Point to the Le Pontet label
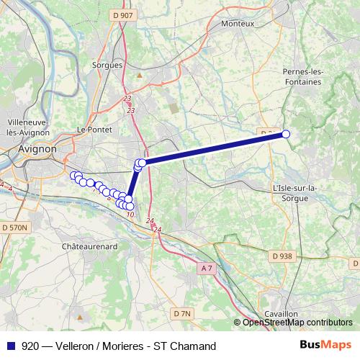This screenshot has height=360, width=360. coord(91,130)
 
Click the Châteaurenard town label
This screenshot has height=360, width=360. coord(89,246)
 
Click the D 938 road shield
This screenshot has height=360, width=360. coord(282,256)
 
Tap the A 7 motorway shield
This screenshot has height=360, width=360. coord(207,269)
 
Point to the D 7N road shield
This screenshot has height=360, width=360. coord(182,313)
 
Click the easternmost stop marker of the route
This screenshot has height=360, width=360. coord(286,134)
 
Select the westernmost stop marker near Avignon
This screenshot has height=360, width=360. coord(73,175)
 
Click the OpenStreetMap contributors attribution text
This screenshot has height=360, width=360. coord(297,323)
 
